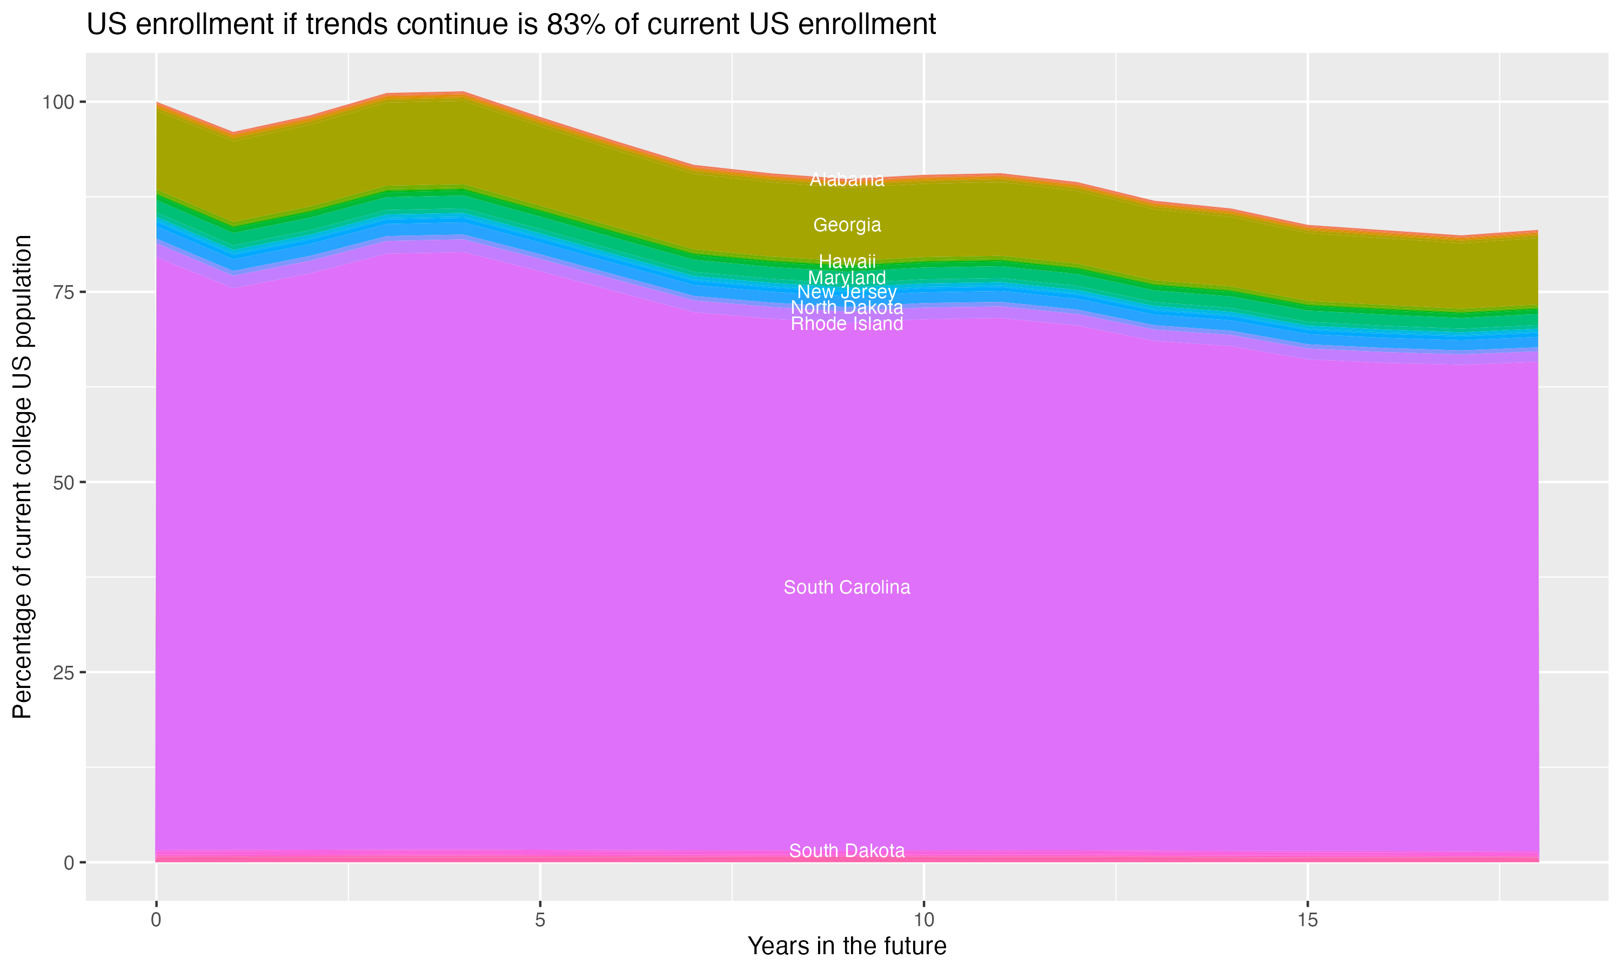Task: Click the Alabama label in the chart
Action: tap(847, 179)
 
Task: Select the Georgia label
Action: tap(847, 225)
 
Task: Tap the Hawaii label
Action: tap(847, 261)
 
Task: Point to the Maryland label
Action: tap(847, 278)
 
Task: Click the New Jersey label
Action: tap(847, 292)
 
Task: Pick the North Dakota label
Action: tap(847, 308)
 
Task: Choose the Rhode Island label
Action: tap(847, 324)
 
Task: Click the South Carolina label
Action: tap(847, 588)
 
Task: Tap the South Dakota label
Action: tap(847, 851)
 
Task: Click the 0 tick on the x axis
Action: tap(156, 920)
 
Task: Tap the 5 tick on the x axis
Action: tap(540, 920)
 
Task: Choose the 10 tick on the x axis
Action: tap(923, 920)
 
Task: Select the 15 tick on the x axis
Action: tap(1307, 920)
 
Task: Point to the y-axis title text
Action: tap(22, 476)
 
